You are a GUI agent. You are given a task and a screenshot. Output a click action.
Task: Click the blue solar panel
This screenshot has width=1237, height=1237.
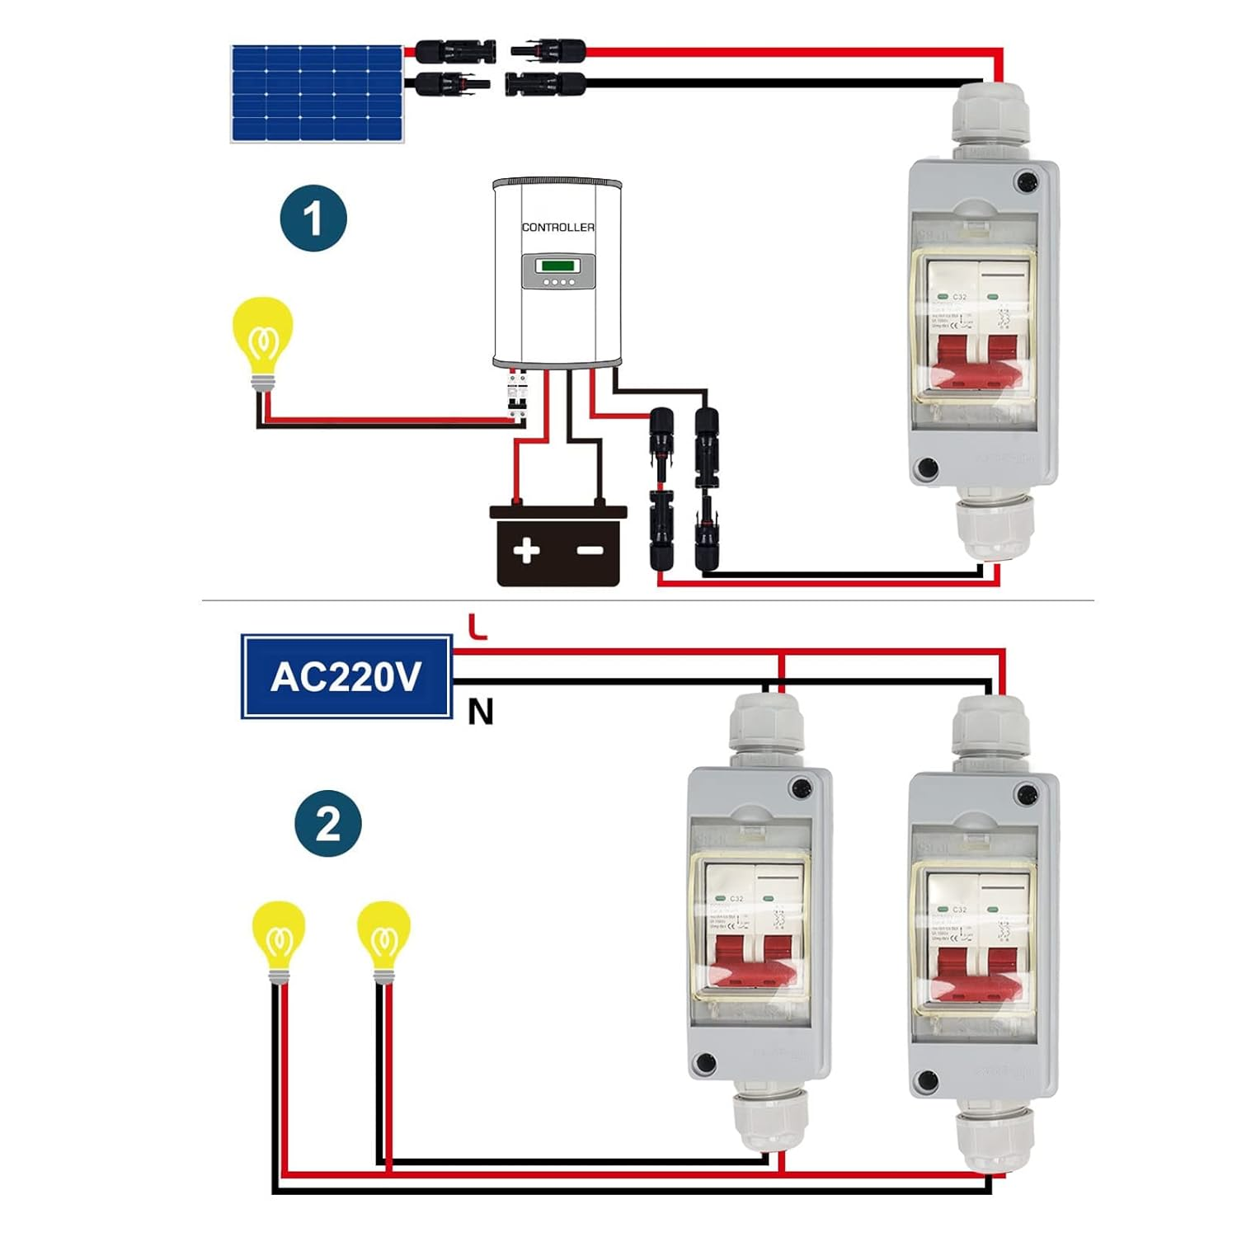click(317, 93)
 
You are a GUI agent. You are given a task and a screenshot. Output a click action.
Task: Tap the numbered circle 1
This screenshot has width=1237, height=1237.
click(313, 219)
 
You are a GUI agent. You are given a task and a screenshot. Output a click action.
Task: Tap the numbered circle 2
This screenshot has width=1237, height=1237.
click(328, 823)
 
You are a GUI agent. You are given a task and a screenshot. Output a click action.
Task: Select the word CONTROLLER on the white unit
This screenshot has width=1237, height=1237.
click(557, 227)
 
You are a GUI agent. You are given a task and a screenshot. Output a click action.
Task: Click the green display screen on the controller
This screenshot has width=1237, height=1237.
click(557, 266)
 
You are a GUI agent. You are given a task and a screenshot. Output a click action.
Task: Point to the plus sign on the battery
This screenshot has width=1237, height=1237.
click(526, 550)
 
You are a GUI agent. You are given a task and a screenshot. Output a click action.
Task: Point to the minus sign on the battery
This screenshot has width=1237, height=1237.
click(590, 550)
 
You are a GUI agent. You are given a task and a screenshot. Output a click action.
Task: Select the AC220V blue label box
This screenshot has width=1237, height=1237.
click(346, 676)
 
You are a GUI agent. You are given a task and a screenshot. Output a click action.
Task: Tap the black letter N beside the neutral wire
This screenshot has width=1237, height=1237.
click(480, 711)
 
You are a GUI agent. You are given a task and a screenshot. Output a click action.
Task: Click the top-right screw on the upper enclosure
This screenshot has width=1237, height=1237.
click(1027, 181)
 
